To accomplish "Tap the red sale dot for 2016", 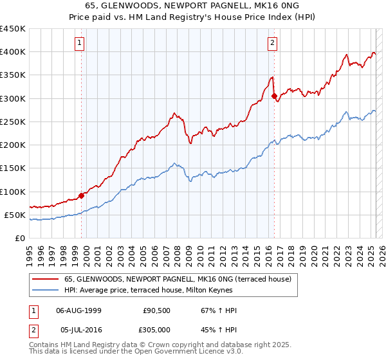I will (x=275, y=96).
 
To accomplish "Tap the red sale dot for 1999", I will (x=82, y=195).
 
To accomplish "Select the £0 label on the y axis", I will (x=20, y=239).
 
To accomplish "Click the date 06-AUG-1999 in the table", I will (x=78, y=311).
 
